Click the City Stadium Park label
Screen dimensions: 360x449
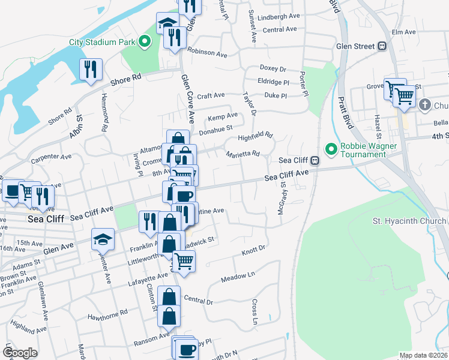[x=103, y=43]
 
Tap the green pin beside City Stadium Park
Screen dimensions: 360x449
[x=144, y=43]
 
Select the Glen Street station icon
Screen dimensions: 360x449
[x=381, y=46]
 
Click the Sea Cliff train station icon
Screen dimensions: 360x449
[x=314, y=161]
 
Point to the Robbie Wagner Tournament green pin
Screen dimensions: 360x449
[x=330, y=148]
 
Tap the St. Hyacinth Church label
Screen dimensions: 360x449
[x=410, y=221]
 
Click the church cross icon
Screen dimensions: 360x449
[x=424, y=106]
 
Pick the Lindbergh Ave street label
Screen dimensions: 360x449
[x=278, y=17]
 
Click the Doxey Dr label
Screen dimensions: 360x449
[x=273, y=69]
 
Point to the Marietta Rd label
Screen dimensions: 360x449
[x=243, y=154]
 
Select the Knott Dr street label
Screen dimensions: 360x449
[x=253, y=248]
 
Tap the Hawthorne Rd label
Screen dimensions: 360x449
[x=107, y=313]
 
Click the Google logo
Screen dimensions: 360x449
[x=20, y=353]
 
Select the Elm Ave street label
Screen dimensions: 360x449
[x=403, y=32]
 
